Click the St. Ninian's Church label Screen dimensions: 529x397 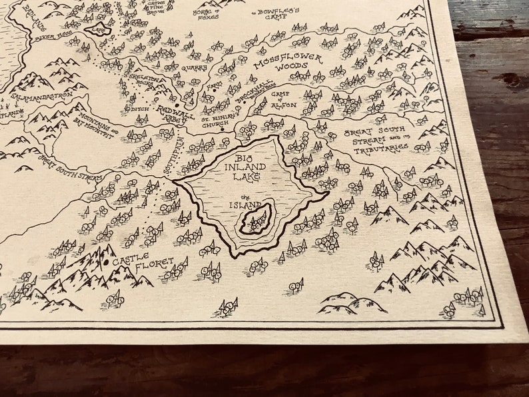[217, 119]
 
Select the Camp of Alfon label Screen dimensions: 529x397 [285, 98]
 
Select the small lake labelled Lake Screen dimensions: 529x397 [98, 29]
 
